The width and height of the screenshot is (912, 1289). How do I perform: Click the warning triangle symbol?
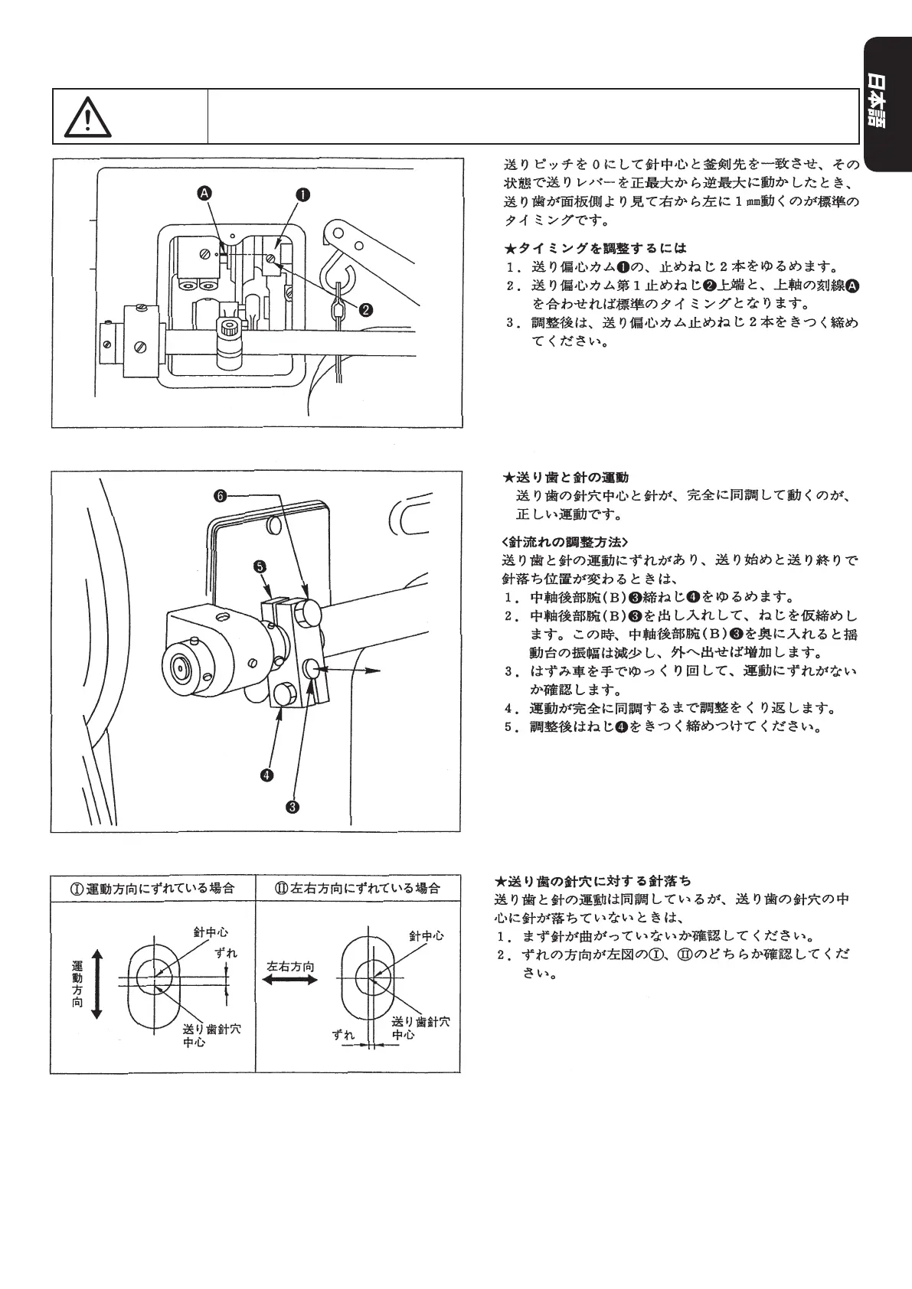click(88, 116)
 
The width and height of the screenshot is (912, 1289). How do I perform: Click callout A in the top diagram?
click(204, 194)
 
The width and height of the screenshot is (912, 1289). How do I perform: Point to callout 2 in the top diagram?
click(366, 309)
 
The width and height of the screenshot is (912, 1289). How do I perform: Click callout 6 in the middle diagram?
click(220, 496)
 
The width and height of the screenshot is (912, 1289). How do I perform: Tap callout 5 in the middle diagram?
click(260, 566)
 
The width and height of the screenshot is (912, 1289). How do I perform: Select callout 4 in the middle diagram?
click(266, 775)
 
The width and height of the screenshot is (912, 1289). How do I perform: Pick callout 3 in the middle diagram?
click(292, 806)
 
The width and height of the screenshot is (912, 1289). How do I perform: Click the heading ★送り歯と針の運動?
click(565, 478)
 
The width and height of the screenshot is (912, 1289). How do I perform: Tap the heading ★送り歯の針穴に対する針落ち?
click(593, 881)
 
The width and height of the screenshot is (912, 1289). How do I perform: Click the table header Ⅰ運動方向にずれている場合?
click(153, 889)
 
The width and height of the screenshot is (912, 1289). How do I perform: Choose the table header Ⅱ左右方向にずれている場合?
click(358, 889)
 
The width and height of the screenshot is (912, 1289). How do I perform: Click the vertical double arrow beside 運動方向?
click(96, 983)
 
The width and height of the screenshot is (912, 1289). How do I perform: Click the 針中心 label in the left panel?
click(211, 932)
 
